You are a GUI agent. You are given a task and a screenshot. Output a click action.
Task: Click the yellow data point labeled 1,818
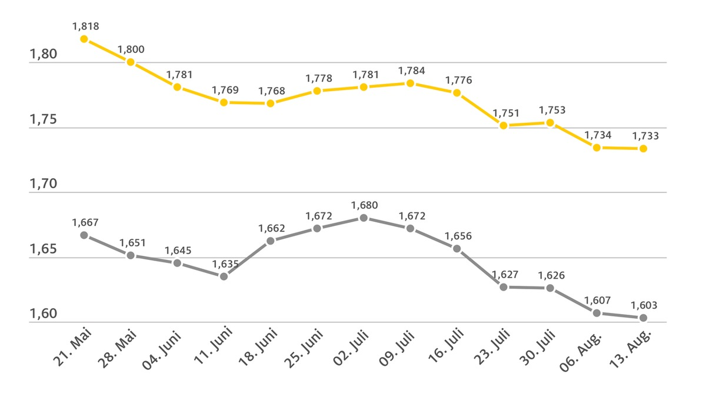point(84,39)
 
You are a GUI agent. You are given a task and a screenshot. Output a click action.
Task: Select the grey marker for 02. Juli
point(364,218)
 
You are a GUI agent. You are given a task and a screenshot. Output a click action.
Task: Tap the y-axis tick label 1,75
point(43,120)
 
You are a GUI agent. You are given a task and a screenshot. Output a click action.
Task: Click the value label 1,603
point(643,305)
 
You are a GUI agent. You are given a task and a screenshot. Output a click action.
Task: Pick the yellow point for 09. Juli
point(410,83)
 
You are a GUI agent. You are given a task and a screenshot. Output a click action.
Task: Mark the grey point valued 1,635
point(224,276)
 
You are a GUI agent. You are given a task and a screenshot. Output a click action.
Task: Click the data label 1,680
point(364,205)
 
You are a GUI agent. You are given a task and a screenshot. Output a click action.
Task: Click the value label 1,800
point(131,49)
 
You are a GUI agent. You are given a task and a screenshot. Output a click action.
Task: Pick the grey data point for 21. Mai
point(84,235)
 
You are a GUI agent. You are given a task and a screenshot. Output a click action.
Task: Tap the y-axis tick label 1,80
point(43,55)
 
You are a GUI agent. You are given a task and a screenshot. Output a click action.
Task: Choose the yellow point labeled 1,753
point(550,122)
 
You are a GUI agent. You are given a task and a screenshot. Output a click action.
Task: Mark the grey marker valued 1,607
point(597,313)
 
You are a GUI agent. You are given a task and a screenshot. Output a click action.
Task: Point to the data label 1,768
point(271,91)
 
